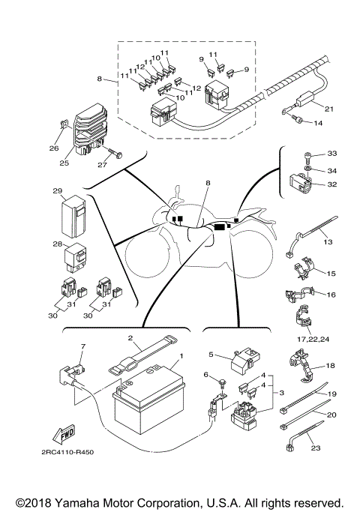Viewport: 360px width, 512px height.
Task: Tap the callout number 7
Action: [83, 346]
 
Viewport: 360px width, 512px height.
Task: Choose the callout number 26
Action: [54, 148]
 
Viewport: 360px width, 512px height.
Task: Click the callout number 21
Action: [328, 108]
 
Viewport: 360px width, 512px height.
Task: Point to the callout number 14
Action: [318, 121]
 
